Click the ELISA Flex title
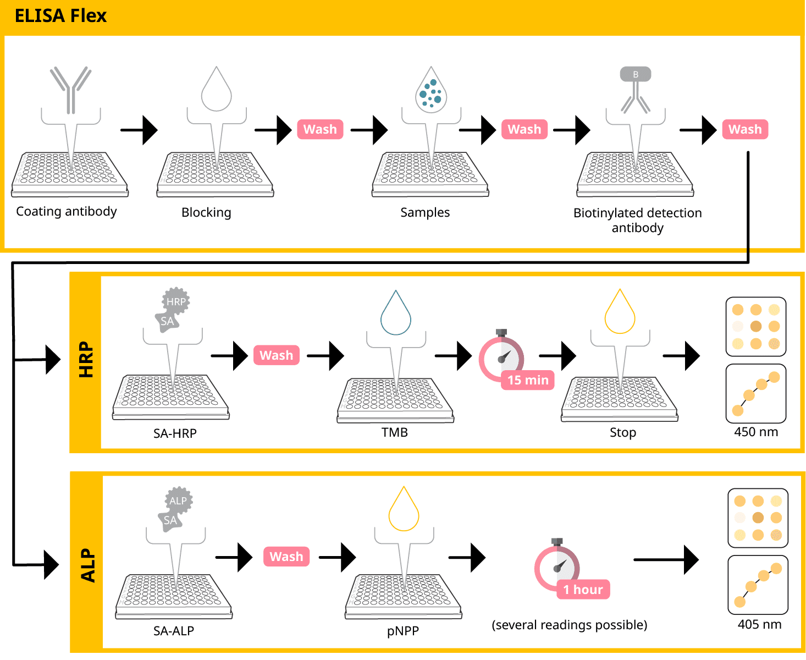(x=60, y=16)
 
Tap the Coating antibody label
(x=67, y=212)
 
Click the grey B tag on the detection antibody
(x=636, y=74)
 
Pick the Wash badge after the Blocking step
(x=320, y=129)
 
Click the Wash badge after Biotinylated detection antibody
(x=745, y=129)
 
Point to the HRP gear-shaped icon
(x=176, y=301)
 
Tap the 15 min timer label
(x=528, y=380)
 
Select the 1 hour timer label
(x=583, y=590)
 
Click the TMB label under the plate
(x=395, y=432)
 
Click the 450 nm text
(x=756, y=432)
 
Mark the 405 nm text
(x=759, y=624)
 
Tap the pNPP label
(x=403, y=631)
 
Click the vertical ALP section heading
(x=88, y=565)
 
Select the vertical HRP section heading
(x=86, y=360)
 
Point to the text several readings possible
(x=570, y=625)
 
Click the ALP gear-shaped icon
(x=179, y=501)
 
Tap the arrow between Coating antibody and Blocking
(x=139, y=130)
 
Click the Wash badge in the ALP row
(x=286, y=557)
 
